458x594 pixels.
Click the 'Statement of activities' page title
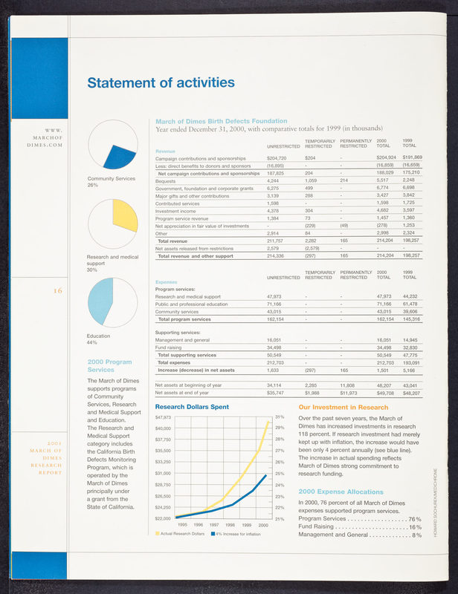161,82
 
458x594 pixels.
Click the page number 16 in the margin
57,291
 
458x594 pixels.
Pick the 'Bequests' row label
165,180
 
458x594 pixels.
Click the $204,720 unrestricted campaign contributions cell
277,158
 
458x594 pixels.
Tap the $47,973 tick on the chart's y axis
163,418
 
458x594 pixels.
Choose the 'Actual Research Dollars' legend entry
181,534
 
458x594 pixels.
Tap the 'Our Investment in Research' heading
343,408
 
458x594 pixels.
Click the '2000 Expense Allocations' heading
340,491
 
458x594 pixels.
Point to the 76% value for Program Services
414,518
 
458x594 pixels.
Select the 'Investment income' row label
177,211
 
